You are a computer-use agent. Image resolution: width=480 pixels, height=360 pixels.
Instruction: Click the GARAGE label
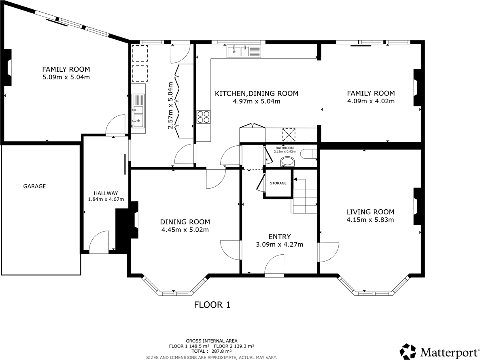click(x=34, y=186)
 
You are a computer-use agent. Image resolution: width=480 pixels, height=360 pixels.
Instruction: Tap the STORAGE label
click(x=278, y=183)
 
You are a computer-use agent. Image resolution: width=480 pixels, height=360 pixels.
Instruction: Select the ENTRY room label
click(x=279, y=236)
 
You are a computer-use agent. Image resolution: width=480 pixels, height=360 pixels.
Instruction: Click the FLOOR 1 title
click(x=212, y=305)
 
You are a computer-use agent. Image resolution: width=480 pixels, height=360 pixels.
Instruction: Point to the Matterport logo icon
click(x=408, y=351)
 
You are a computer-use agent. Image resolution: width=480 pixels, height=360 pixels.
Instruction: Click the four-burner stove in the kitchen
click(x=204, y=117)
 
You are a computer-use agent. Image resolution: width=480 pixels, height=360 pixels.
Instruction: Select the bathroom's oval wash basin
click(x=288, y=162)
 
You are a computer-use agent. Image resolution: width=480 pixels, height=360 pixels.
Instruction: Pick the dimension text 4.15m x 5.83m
click(x=370, y=220)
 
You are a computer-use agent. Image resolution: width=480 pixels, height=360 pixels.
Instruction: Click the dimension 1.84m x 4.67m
click(x=106, y=199)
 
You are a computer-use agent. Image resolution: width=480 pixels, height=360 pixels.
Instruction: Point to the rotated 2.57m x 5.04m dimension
click(x=170, y=105)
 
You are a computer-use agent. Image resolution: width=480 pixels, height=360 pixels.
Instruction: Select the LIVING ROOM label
click(x=370, y=212)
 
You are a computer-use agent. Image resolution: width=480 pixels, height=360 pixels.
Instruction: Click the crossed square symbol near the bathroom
click(x=289, y=134)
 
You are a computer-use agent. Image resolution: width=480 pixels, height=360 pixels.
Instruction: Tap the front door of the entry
click(x=274, y=265)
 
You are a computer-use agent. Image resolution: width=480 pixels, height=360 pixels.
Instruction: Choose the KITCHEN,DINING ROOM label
click(x=256, y=94)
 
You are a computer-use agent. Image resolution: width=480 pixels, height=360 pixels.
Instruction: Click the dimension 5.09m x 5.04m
click(x=66, y=77)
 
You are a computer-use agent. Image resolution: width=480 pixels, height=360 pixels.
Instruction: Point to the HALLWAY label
click(x=106, y=193)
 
